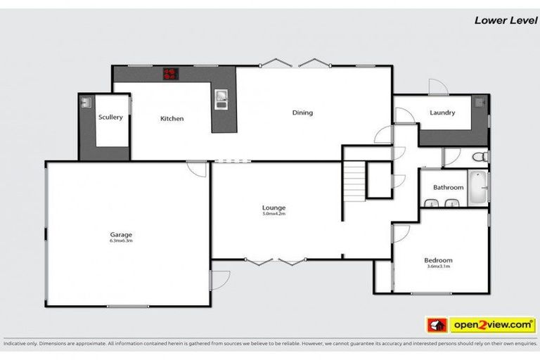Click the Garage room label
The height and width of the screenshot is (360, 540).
121,235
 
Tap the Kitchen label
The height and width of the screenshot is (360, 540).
172,119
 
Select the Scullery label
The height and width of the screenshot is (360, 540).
110,117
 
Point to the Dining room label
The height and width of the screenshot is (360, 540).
302,112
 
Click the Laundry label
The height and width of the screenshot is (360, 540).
442,112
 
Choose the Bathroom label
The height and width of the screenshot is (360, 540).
448,188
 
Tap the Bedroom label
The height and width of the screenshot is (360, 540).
437,259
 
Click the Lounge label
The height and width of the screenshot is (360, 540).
274,207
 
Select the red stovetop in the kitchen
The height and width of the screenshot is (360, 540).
171,73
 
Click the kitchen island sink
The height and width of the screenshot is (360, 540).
221,99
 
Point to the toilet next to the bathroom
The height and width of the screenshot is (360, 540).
478,156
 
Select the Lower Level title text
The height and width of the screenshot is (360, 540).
500,20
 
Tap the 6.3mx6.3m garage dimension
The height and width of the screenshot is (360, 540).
121,240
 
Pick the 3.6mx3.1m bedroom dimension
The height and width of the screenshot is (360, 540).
437,266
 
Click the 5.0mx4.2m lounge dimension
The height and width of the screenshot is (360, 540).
274,214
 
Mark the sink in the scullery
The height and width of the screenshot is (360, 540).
85,103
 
